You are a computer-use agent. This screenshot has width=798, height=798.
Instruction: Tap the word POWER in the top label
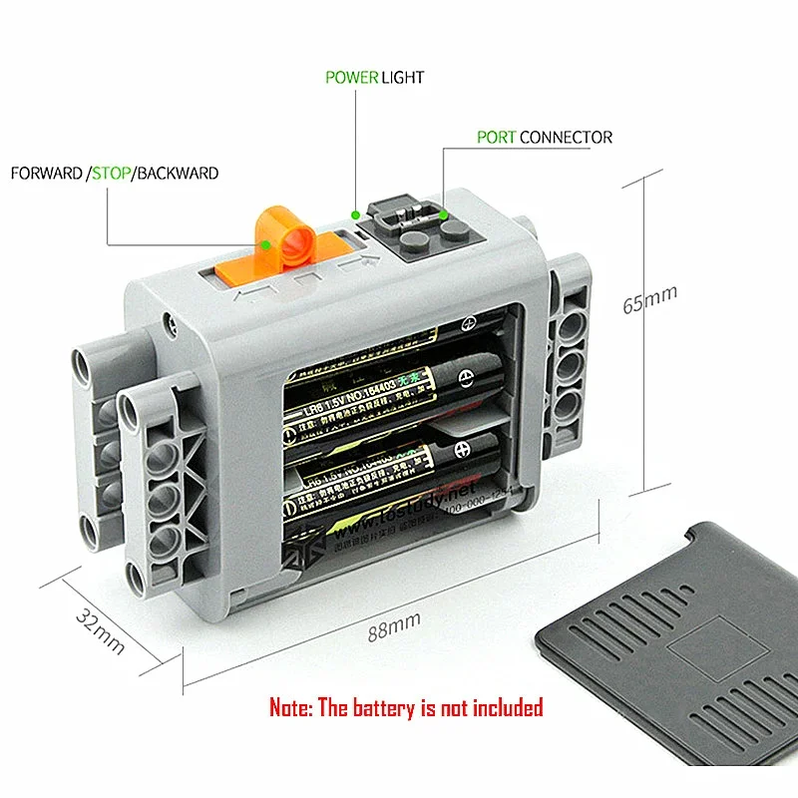click(351, 77)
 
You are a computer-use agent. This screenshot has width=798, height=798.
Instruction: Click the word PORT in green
click(496, 137)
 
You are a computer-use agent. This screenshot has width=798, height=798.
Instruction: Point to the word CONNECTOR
click(566, 137)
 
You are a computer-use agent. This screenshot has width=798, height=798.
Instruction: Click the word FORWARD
click(46, 173)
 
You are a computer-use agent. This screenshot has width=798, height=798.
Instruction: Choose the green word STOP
click(112, 173)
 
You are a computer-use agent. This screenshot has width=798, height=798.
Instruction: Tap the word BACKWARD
click(179, 173)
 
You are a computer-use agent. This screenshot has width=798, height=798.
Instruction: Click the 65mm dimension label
click(649, 299)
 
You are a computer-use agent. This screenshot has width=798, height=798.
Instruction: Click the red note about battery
click(406, 708)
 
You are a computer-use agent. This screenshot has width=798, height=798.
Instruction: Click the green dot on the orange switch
click(267, 242)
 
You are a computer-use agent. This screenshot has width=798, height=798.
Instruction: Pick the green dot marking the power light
click(357, 212)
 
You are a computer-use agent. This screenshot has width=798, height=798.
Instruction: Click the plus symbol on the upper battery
click(465, 380)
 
